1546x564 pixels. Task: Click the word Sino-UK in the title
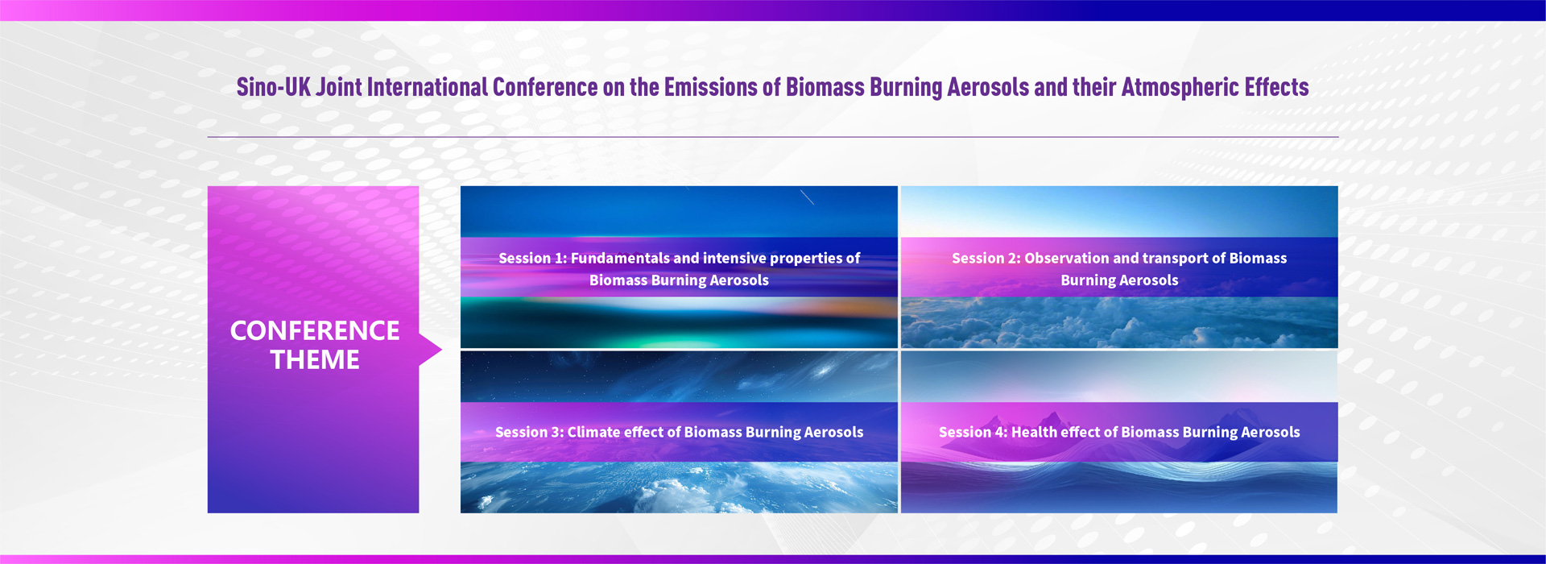coord(273,87)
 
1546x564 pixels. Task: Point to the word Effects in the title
coord(1277,87)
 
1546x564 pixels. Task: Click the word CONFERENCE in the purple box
coord(315,330)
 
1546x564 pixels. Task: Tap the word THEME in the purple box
coord(315,359)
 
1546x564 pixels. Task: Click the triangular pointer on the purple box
coord(431,350)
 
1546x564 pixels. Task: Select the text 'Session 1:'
coord(532,258)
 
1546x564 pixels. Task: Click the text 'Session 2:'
coord(986,258)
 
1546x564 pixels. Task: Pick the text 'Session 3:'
coord(529,432)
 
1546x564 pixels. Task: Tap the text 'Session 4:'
coord(973,432)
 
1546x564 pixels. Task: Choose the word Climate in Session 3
coord(593,432)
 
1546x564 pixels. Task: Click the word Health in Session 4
coord(1035,432)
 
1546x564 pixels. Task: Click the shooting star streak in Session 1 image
coord(807,197)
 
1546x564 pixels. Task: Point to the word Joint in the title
coord(338,87)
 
